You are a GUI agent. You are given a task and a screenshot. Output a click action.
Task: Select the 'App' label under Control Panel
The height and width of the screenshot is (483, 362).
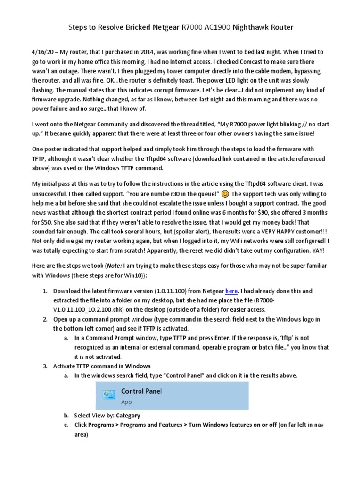126,402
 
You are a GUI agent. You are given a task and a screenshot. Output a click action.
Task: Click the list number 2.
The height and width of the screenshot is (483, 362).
45,319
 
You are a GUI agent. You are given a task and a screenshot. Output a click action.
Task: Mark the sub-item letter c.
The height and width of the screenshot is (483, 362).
66,425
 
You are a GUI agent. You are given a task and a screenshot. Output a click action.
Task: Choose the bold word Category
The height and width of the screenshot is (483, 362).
128,416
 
